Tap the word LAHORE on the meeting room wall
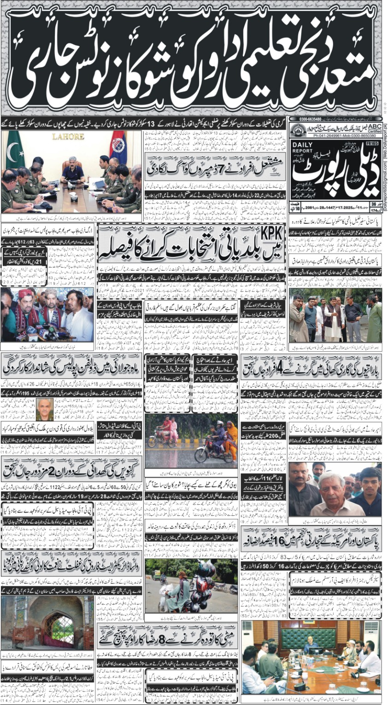pyautogui.click(x=68, y=137)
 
